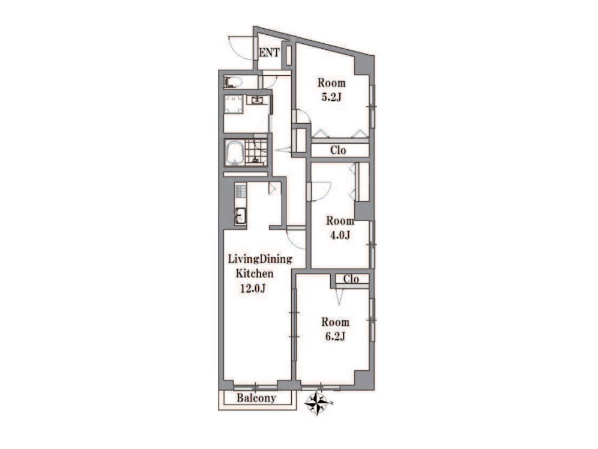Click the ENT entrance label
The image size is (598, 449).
[269, 53]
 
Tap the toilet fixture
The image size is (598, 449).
[233, 82]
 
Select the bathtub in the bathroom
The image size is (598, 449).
[234, 153]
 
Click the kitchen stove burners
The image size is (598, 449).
[241, 191]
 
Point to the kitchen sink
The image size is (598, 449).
[241, 216]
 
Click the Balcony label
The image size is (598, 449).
[256, 399]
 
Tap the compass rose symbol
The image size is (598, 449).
[317, 403]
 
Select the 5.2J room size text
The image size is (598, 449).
[331, 97]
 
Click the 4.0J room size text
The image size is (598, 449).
[340, 235]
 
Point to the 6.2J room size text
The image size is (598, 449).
[335, 337]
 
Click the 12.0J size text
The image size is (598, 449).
[252, 289]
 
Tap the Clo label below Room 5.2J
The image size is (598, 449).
[338, 150]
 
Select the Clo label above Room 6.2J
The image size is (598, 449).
[351, 279]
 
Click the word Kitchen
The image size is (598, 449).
[255, 273]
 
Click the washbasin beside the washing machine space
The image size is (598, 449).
[256, 100]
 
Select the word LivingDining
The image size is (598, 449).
[260, 260]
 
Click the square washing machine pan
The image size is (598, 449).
[234, 104]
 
